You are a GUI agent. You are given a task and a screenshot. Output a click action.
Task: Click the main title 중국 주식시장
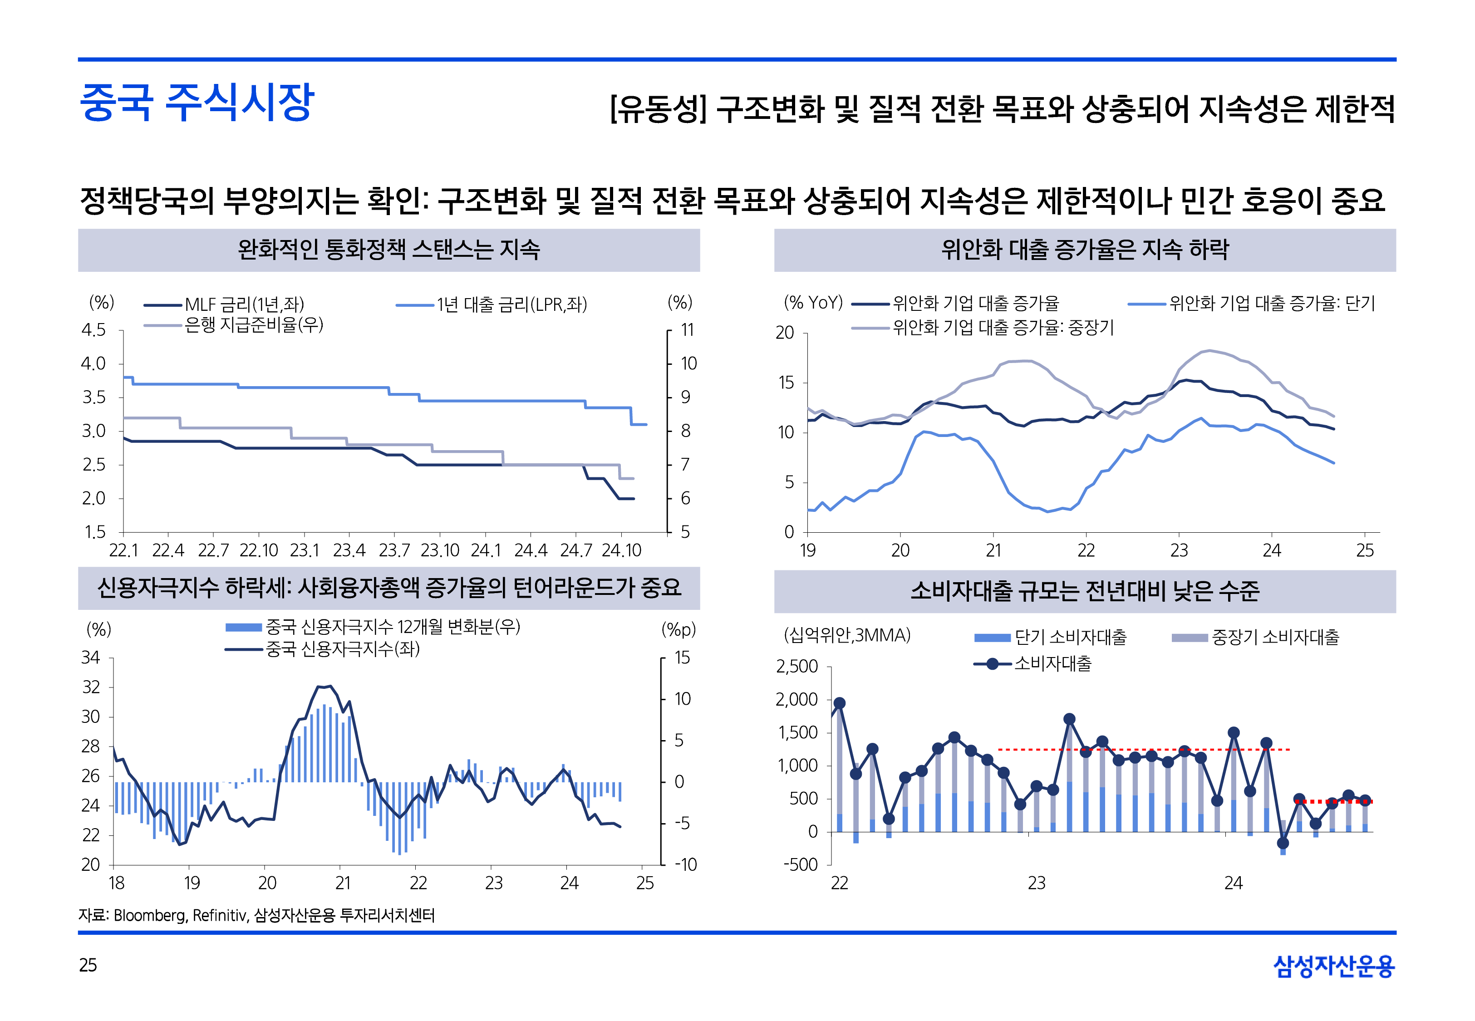[197, 103]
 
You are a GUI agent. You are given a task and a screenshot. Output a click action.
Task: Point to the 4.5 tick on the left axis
[93, 330]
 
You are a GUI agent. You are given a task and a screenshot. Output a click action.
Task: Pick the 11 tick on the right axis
[687, 330]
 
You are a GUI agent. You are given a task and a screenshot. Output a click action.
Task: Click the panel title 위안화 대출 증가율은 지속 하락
[1085, 250]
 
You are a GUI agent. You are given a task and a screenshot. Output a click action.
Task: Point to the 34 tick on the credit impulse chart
[91, 658]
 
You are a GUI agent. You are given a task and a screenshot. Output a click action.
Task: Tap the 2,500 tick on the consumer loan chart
[797, 667]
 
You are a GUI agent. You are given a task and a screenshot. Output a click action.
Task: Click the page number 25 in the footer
[88, 965]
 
